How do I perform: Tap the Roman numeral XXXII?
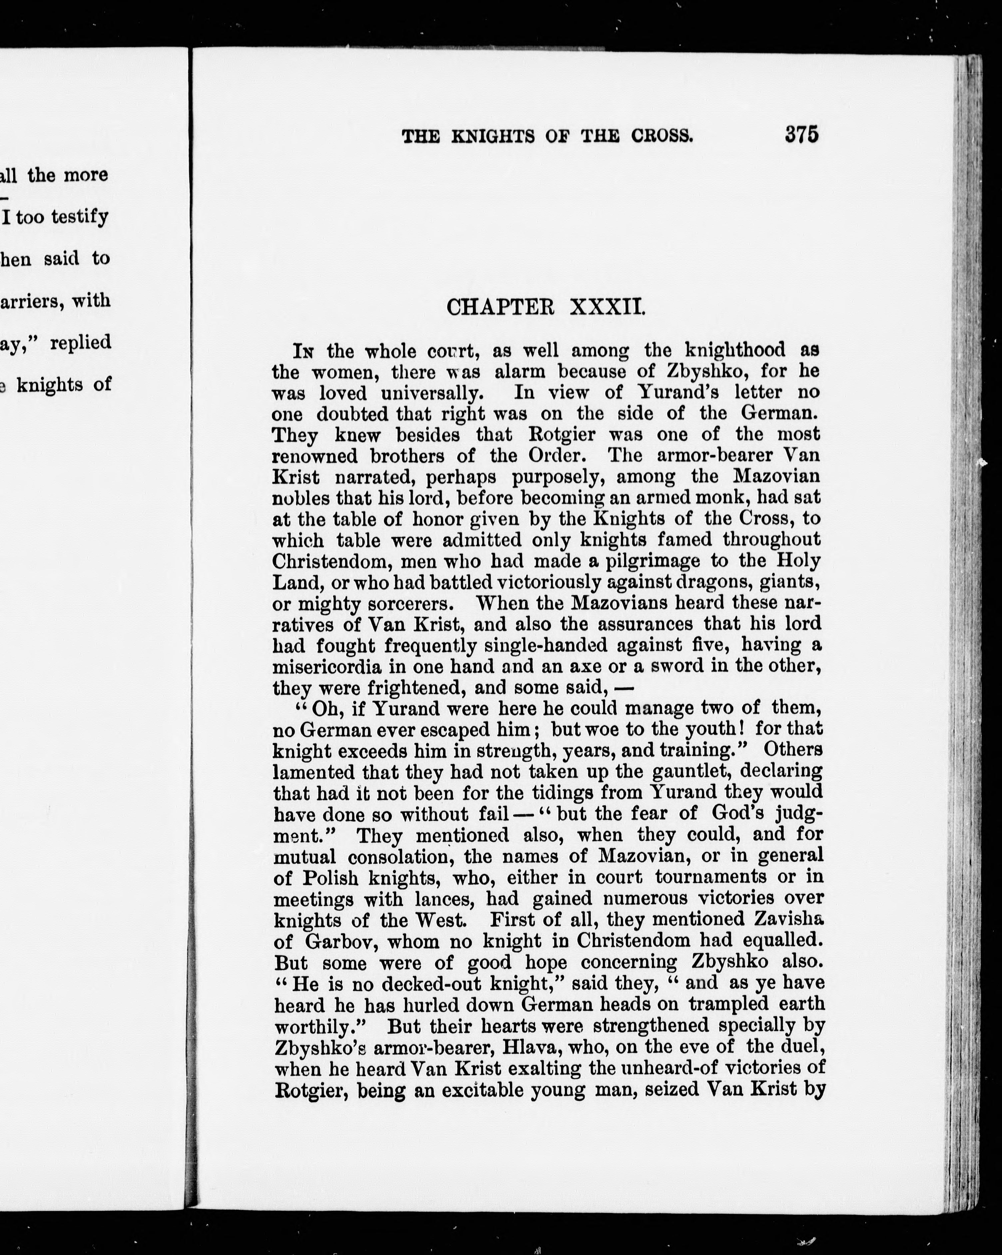click(x=607, y=307)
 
